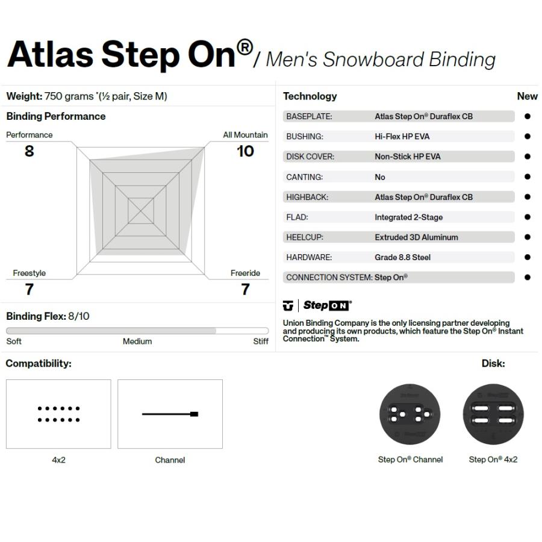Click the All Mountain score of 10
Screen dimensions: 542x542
(x=245, y=151)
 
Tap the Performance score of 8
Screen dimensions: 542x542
(x=30, y=151)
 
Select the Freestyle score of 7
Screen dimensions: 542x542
(x=30, y=289)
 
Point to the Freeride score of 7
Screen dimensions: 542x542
(x=245, y=289)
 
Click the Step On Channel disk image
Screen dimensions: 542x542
(x=410, y=414)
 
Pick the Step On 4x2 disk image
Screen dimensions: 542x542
(x=493, y=414)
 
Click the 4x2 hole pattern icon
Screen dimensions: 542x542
(x=59, y=414)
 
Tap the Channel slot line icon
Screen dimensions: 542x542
(x=170, y=414)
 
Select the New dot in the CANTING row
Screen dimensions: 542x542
(x=527, y=176)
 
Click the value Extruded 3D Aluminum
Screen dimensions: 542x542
(x=416, y=237)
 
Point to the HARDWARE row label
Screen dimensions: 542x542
(x=309, y=257)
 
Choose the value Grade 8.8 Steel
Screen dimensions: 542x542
(x=402, y=257)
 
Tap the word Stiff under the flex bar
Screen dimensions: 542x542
(x=261, y=341)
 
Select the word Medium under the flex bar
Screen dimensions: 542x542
(x=137, y=341)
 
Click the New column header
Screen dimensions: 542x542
(x=527, y=96)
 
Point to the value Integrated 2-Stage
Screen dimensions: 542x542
(x=408, y=217)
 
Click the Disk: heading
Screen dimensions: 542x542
(x=493, y=363)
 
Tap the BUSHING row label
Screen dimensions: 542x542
(x=305, y=137)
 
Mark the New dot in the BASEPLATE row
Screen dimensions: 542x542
(x=527, y=116)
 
